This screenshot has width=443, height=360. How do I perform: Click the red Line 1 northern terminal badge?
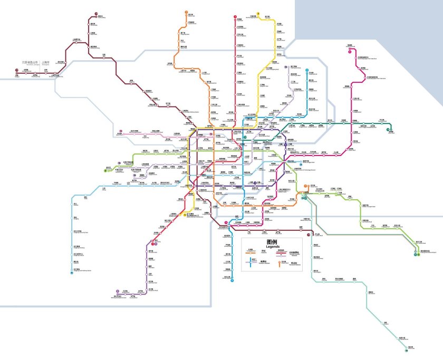[x=235, y=16]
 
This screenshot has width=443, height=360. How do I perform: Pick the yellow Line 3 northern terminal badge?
[x=258, y=14]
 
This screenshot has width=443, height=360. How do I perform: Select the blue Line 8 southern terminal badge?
[x=232, y=280]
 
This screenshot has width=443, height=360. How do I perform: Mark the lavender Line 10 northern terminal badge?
[x=285, y=67]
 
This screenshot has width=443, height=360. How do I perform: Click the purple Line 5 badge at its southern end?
[x=118, y=291]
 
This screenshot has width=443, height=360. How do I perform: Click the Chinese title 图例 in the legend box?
[x=273, y=242]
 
